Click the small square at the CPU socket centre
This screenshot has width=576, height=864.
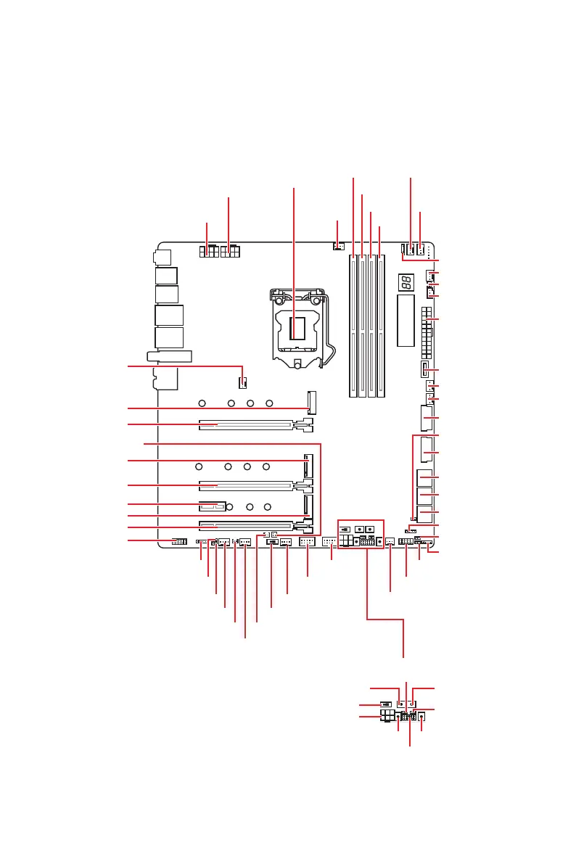tap(295, 328)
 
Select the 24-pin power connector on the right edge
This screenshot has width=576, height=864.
tap(427, 333)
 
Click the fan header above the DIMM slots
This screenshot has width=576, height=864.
tap(338, 247)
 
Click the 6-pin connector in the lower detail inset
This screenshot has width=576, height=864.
tap(387, 716)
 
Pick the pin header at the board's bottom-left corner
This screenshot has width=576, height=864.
tap(178, 542)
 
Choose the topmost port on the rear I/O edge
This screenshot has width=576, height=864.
tap(162, 256)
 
